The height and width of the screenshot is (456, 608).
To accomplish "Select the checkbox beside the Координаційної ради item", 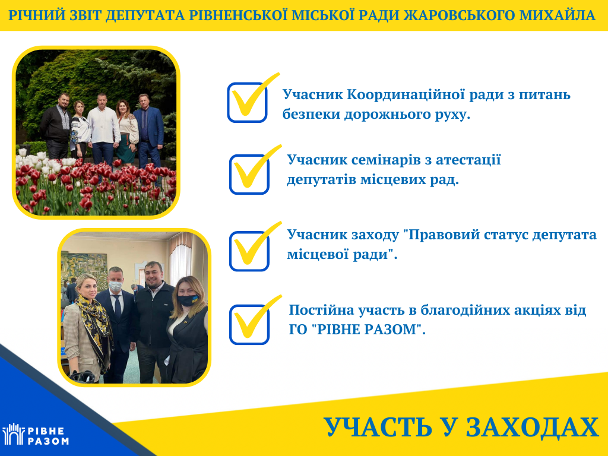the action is point(247,102).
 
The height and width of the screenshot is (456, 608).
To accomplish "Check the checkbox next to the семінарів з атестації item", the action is point(249,174).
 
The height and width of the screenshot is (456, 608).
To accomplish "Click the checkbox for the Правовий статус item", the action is point(249,251).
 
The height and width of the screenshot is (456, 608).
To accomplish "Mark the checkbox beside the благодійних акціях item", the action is point(249,325).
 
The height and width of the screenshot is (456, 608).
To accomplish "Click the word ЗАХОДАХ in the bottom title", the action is point(533,427).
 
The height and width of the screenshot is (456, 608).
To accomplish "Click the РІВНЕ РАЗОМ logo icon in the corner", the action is point(14,433).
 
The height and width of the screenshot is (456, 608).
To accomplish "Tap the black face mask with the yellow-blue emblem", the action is point(189,300).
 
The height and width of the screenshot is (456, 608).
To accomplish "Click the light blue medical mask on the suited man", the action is point(115,286).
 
